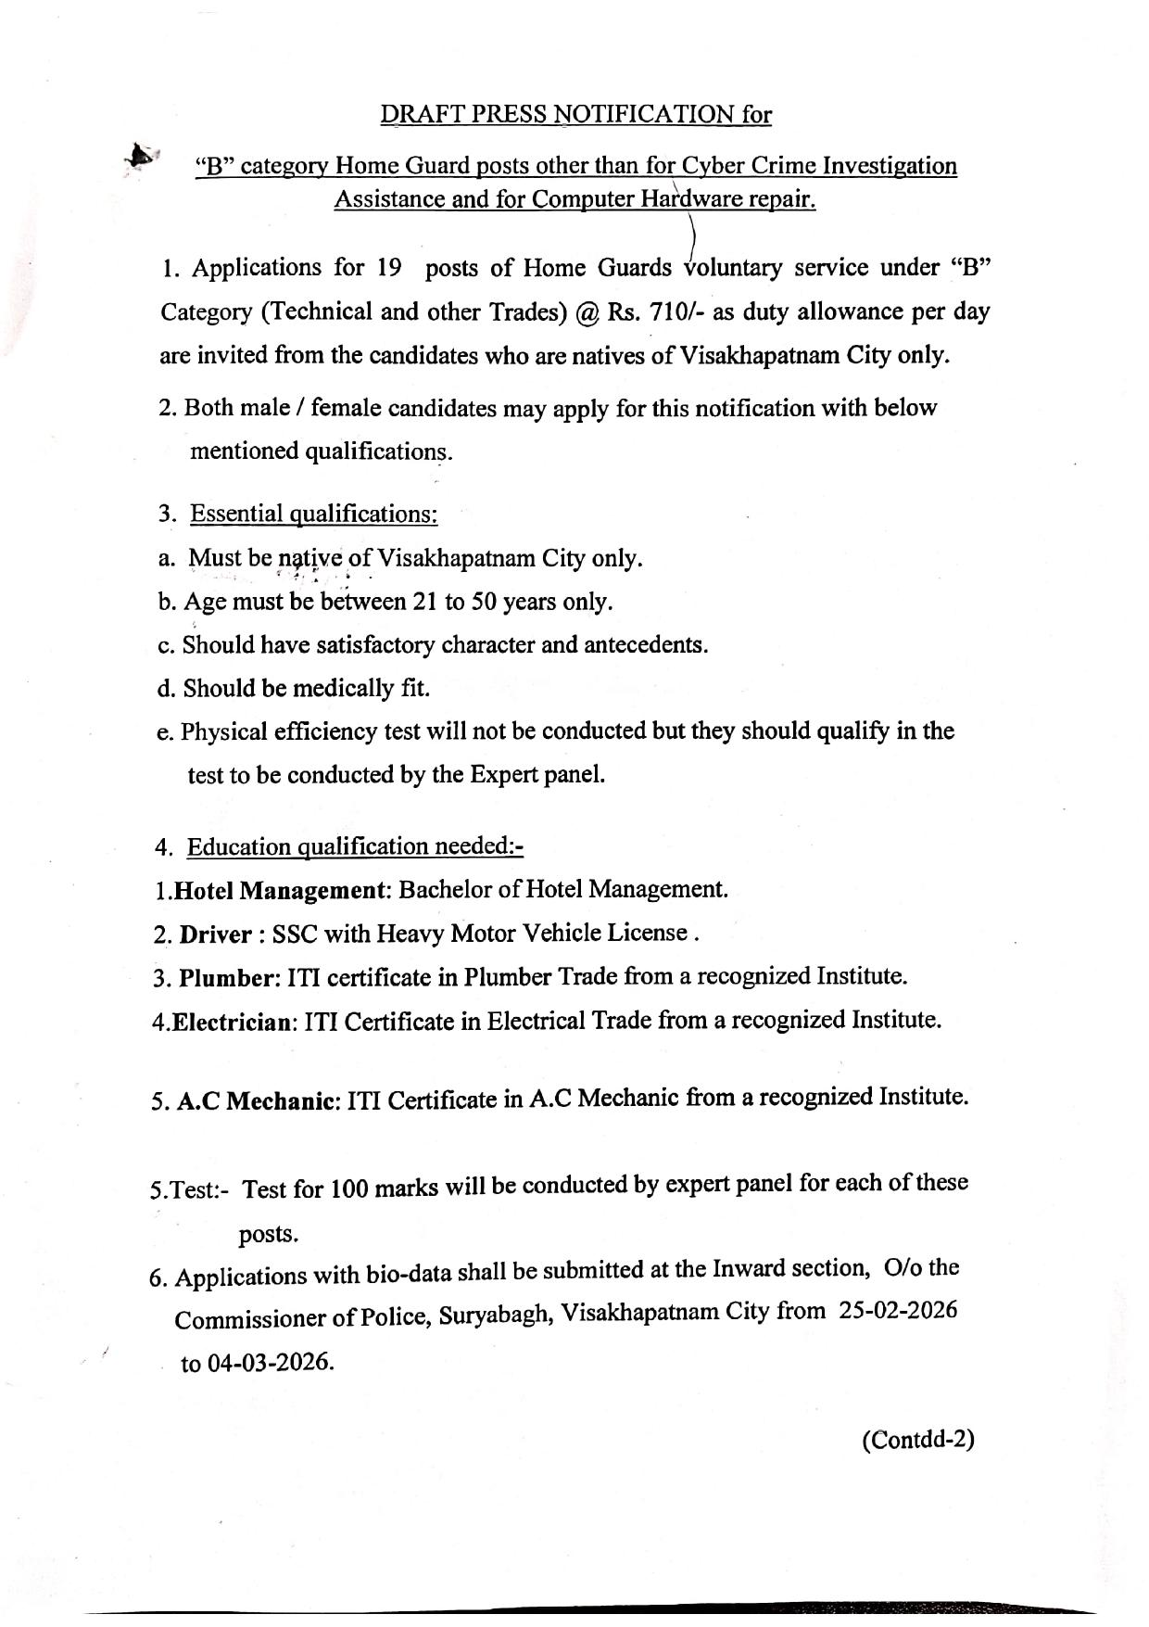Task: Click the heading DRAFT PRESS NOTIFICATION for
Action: point(575,114)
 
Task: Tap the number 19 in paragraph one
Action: point(388,268)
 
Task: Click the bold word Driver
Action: point(215,934)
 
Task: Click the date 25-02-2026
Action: point(898,1310)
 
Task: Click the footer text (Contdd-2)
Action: point(918,1439)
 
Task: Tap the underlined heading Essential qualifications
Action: point(313,514)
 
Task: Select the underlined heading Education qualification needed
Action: point(355,847)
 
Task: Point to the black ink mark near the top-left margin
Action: point(139,155)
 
